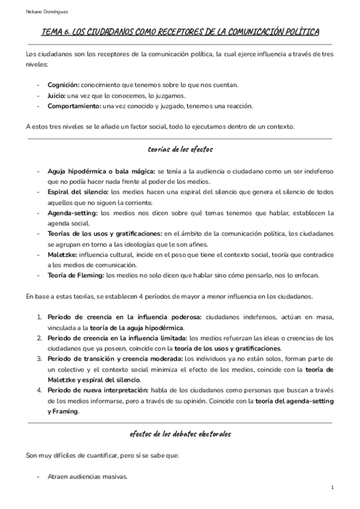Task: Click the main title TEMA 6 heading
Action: [x=180, y=32]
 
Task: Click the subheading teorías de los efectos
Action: [x=180, y=148]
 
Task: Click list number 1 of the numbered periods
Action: [x=39, y=317]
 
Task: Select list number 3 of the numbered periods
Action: [x=39, y=359]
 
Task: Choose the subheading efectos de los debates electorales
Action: [x=180, y=433]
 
